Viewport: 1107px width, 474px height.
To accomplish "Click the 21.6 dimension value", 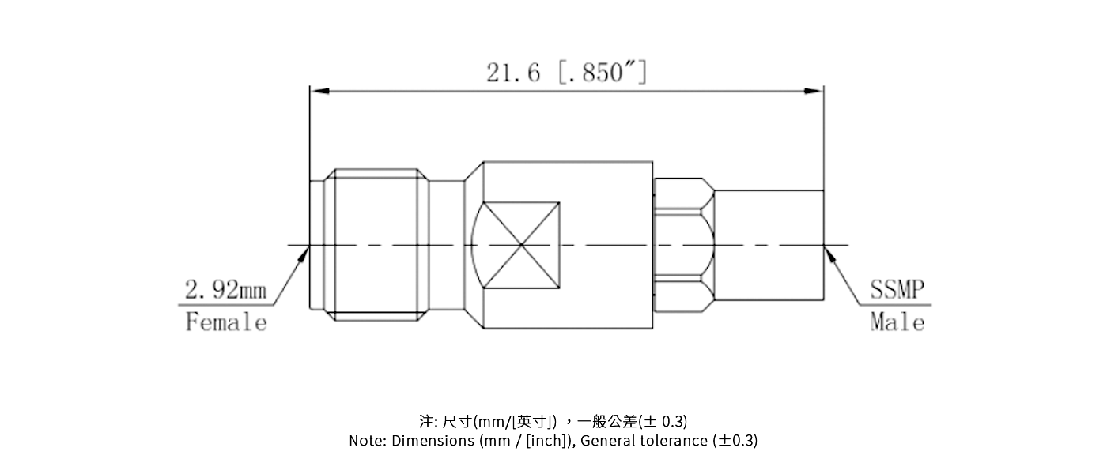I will click(513, 73).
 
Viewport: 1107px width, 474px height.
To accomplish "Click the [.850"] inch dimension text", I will click(603, 73).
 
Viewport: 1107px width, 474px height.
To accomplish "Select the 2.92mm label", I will click(226, 291).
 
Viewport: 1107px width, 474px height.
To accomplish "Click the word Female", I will click(226, 322).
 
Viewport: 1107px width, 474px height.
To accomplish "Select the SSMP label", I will click(897, 290).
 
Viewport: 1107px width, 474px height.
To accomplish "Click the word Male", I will click(897, 322).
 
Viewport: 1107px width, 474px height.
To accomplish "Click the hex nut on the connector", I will click(685, 245).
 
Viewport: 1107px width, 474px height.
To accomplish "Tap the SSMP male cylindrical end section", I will click(769, 245).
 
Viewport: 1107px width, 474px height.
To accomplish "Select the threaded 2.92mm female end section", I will click(376, 245).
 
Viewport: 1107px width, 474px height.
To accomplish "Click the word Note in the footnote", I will click(366, 441).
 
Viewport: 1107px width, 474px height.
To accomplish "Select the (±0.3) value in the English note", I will click(735, 441).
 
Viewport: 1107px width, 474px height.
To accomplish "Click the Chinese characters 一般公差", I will click(612, 420).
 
